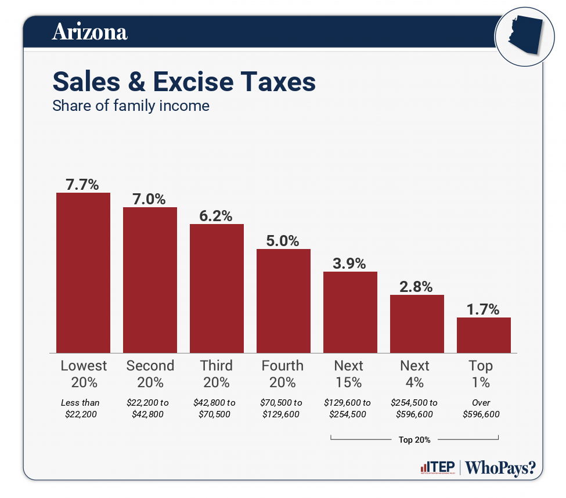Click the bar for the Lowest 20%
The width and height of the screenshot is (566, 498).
[x=83, y=272]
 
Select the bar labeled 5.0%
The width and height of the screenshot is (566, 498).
[x=283, y=301]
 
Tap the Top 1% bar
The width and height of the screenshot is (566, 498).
[x=484, y=335]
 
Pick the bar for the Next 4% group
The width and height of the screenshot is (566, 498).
[x=417, y=323]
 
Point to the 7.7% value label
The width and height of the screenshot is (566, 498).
[x=82, y=184]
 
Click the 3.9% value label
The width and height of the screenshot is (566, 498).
[x=349, y=263]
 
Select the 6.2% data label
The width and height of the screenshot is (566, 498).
[x=216, y=216]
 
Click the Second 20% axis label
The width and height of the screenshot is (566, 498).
[x=150, y=374]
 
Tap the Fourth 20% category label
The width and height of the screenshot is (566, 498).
[x=283, y=374]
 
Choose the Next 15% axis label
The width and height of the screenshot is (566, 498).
[x=349, y=374]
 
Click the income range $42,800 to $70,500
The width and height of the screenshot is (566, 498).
[x=216, y=409]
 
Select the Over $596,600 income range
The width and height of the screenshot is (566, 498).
[x=481, y=409]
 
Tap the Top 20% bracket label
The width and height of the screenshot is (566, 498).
[x=414, y=440]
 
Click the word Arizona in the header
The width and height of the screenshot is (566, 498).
[x=89, y=32]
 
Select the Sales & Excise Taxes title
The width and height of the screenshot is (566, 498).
[x=184, y=82]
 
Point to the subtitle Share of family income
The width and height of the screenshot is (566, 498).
[x=131, y=106]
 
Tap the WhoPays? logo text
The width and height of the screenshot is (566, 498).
[x=501, y=468]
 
